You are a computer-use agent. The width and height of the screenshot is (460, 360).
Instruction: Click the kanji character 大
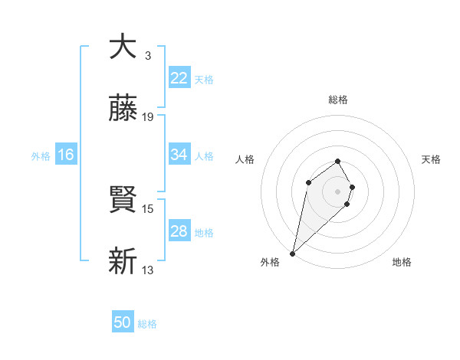point(123,47)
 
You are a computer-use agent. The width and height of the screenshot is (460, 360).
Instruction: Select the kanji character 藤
point(123,110)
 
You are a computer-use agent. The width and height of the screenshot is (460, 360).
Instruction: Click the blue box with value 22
point(179,78)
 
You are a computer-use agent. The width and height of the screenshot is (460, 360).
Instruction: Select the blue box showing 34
point(179,155)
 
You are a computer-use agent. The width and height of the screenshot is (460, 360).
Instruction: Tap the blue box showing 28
point(179,231)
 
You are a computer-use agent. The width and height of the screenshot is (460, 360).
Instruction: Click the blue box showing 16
point(66,155)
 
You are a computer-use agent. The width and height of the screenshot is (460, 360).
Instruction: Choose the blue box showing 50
point(123,322)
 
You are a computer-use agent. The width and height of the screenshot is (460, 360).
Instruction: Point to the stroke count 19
point(149,117)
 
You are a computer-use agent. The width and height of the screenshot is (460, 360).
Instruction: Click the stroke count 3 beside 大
point(147,56)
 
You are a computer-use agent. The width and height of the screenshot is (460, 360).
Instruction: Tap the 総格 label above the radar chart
point(338,100)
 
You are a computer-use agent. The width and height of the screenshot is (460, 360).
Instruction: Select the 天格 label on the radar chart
point(431,159)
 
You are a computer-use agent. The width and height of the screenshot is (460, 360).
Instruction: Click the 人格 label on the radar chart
point(245,159)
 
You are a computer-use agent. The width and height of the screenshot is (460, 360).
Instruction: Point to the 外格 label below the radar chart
point(270,262)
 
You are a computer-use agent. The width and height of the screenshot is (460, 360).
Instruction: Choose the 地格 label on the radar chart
point(402,262)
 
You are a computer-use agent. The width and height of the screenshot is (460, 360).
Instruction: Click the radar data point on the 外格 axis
point(293,253)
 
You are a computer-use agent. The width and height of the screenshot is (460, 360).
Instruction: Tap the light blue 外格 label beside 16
point(41,155)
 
